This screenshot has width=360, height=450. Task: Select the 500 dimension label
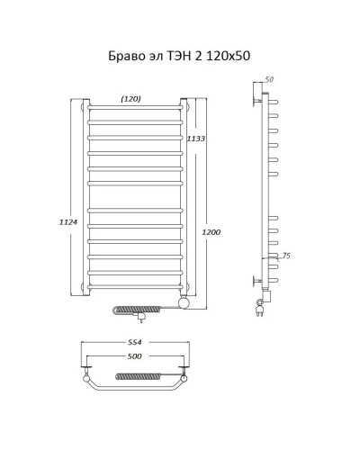pos(136,356)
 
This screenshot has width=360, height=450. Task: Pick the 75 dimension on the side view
pos(285,256)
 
